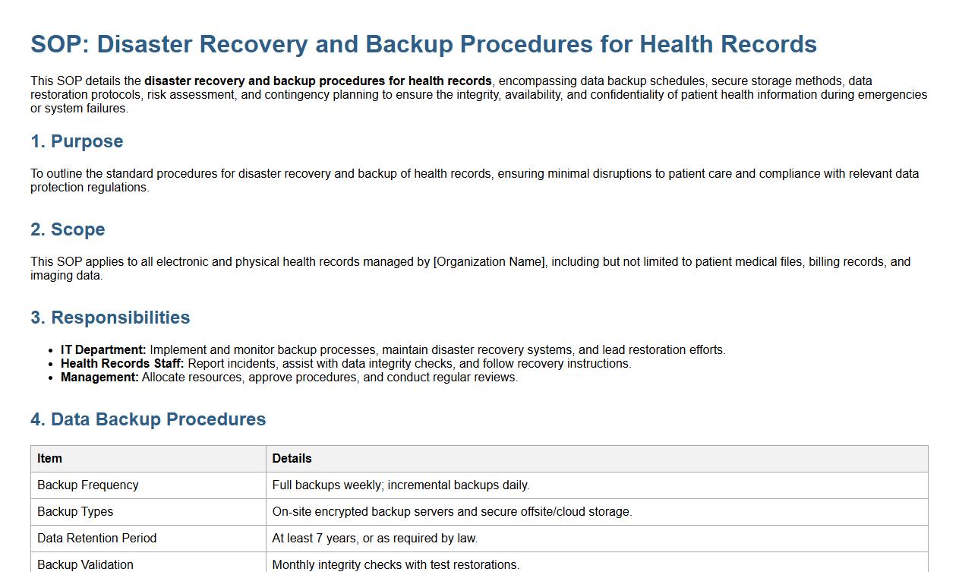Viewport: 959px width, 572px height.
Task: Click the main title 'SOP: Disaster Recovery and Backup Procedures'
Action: point(423,44)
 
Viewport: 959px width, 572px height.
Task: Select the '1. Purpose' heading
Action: point(77,141)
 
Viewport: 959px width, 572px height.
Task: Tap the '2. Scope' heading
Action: point(68,229)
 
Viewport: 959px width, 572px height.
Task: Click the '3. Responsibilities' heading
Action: point(110,318)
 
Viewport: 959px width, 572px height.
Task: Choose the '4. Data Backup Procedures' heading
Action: point(148,419)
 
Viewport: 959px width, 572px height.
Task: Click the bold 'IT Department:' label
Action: point(103,350)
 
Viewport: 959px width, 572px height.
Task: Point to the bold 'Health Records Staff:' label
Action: point(122,364)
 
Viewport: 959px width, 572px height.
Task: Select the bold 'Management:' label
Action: point(99,378)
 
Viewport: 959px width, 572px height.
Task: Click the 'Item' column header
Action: point(49,459)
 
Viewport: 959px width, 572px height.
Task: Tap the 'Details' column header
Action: point(292,459)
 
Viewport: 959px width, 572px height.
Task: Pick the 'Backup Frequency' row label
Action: point(87,485)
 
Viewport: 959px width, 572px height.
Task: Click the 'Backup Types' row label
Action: point(75,512)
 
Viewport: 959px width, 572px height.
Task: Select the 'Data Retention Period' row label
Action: point(96,539)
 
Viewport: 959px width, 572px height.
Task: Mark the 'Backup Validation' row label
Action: point(85,564)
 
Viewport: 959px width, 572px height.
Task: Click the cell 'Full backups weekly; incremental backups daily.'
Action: point(401,485)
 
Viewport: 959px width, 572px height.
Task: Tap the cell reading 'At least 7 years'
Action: point(375,539)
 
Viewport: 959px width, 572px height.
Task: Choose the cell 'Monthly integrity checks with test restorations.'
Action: point(396,564)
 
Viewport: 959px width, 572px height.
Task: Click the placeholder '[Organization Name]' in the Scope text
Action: point(489,262)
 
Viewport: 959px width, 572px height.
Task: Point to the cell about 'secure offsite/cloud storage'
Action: point(452,512)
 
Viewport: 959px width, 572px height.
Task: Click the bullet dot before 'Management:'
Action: point(52,378)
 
